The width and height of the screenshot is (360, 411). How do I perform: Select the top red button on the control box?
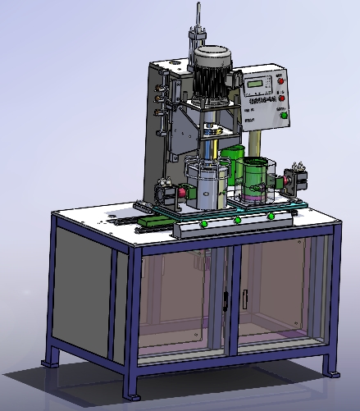coord(280,80)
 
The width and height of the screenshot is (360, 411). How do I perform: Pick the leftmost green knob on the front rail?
coord(203,222)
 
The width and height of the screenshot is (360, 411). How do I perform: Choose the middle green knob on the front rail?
coord(237,219)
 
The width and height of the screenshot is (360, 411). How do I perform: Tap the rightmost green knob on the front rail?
coord(271,216)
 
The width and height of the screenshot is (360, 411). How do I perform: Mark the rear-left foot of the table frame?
coord(51,358)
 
